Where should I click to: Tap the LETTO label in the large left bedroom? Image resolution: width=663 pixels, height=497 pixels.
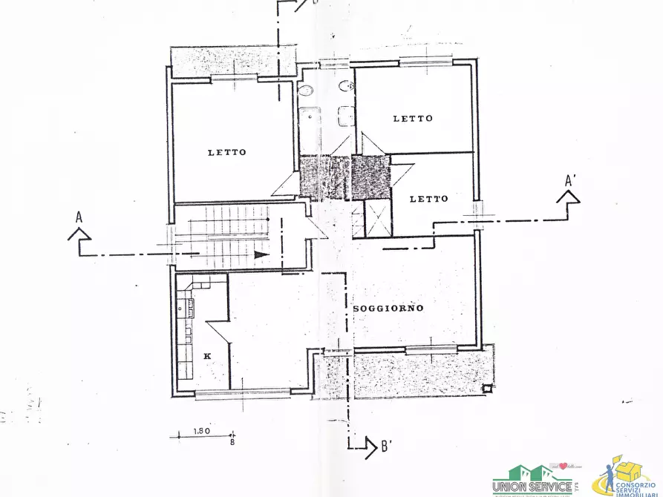coord(226,152)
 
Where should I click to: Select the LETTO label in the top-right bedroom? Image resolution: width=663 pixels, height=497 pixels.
coord(413,118)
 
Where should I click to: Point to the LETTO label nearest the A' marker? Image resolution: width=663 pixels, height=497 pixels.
coord(429,198)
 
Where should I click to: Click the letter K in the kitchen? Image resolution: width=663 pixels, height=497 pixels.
coord(207,356)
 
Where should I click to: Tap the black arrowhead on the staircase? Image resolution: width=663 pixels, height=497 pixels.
coord(260,254)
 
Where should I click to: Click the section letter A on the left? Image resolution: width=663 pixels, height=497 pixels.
coord(79,217)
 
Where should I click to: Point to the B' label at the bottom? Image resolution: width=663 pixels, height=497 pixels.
coord(386,447)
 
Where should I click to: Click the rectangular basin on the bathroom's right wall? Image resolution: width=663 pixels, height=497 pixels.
coord(344,118)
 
